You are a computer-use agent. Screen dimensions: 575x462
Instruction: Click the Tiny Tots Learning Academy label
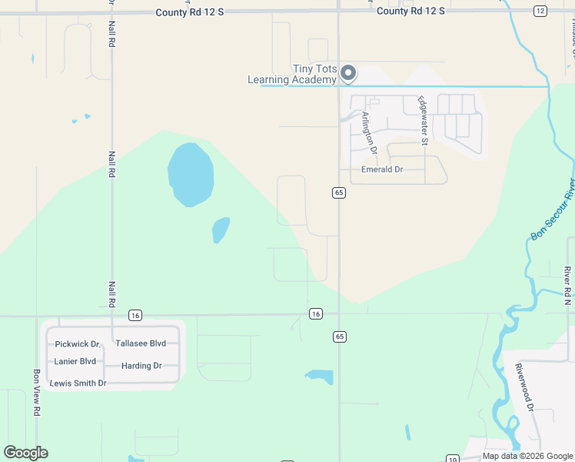tap(292, 74)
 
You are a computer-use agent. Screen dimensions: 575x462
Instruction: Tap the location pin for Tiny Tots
tap(348, 73)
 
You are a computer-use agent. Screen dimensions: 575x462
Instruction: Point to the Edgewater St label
tap(422, 120)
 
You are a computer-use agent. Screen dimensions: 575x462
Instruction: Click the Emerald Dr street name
tap(382, 169)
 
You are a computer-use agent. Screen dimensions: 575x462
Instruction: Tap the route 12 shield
tap(540, 11)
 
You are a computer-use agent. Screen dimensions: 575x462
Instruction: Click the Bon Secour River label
tap(553, 210)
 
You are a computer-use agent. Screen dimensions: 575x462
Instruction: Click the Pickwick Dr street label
tap(78, 344)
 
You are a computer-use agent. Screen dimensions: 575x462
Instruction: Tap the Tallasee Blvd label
tap(140, 343)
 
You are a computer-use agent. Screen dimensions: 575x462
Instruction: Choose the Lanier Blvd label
tap(75, 361)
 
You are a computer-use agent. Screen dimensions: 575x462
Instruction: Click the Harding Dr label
tap(141, 366)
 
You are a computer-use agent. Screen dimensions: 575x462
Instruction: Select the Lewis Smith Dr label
tap(78, 383)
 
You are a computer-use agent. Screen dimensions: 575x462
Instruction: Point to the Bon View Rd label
tap(36, 393)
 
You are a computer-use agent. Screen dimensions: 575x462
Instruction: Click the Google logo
tap(26, 453)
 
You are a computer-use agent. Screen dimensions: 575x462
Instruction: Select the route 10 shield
tap(454, 459)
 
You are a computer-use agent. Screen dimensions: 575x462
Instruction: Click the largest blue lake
tap(190, 173)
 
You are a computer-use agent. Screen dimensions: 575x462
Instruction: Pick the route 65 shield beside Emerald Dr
tap(338, 192)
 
